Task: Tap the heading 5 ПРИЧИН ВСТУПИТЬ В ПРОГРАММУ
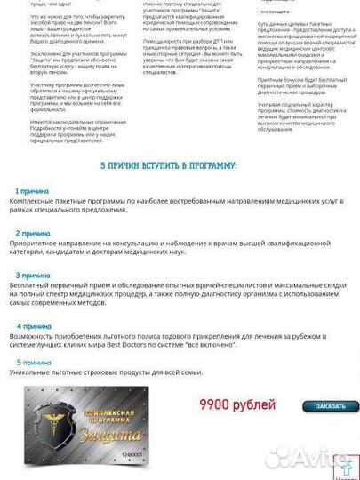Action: click(180, 165)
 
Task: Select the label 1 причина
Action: click(32, 191)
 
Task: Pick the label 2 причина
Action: click(32, 233)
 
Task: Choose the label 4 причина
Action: click(32, 326)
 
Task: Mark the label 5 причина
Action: click(34, 363)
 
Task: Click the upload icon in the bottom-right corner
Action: click(347, 464)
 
